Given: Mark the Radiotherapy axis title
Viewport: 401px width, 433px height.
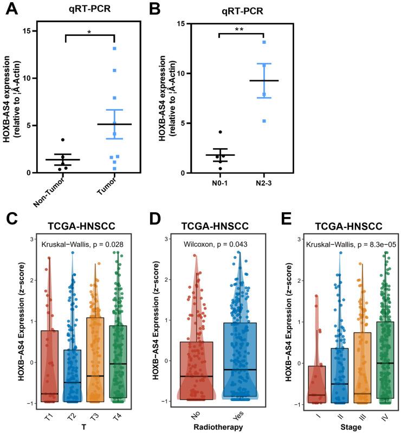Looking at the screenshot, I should point(215,427).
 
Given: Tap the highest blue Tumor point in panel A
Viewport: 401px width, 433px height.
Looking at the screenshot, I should point(115,48).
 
